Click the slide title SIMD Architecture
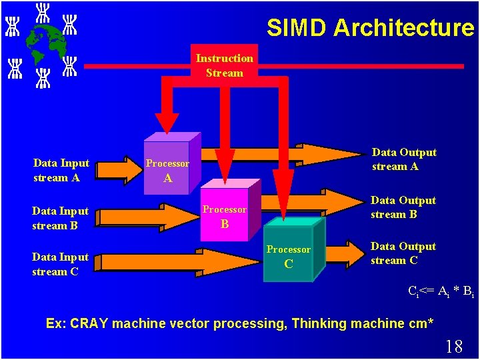point(370,28)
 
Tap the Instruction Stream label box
point(224,65)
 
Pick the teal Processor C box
point(289,256)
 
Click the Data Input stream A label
point(61,170)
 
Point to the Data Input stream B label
point(60,218)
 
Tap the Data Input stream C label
point(60,264)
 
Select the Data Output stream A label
point(404,159)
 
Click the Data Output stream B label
point(403,207)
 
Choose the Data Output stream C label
point(403,253)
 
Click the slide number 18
point(453,346)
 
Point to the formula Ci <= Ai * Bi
point(441,291)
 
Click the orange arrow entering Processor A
point(129,169)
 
